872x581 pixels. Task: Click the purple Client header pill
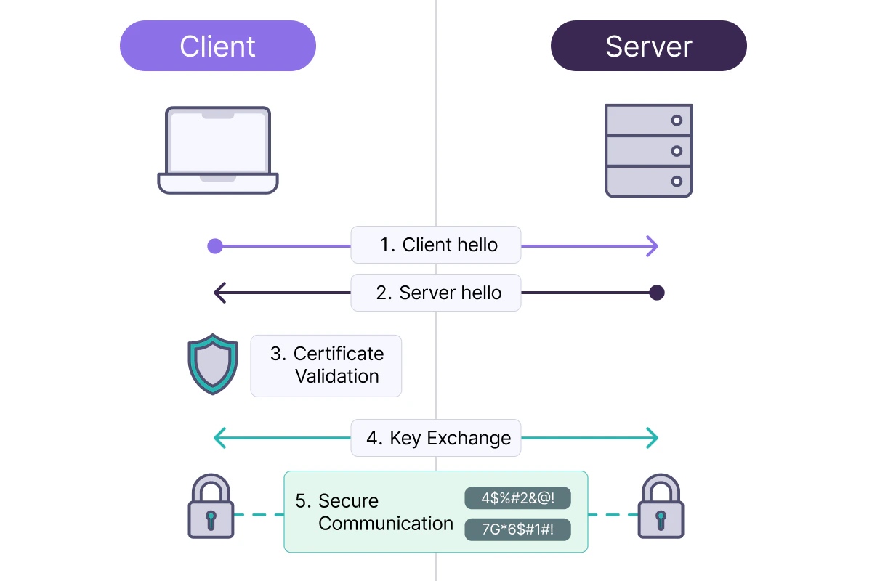(x=218, y=46)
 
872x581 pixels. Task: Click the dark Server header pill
(x=648, y=46)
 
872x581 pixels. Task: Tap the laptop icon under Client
(x=218, y=150)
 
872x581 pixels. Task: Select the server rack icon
(x=648, y=150)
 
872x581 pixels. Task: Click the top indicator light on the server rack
(x=677, y=120)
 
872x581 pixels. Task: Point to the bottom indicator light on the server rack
(x=677, y=181)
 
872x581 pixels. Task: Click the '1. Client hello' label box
(x=436, y=245)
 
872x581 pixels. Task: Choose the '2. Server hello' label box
(x=436, y=293)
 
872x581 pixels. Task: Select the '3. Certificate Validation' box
(x=326, y=365)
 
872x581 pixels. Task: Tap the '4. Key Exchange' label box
(x=436, y=438)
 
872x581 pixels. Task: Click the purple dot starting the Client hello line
(x=214, y=246)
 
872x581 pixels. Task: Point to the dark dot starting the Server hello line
(x=657, y=293)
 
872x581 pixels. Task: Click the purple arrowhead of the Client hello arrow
(x=653, y=246)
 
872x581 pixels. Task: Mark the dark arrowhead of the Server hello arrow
(x=219, y=293)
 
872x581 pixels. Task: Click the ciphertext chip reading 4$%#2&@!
(x=517, y=498)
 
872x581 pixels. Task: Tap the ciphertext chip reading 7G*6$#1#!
(x=517, y=529)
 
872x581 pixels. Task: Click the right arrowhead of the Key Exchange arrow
(x=653, y=438)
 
